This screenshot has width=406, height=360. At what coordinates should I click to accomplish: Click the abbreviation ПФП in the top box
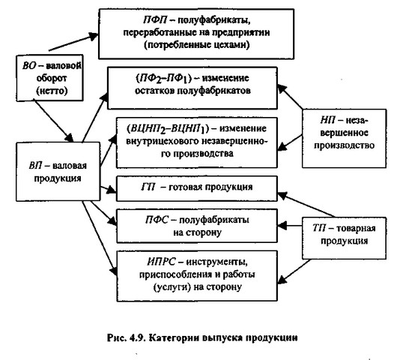[155, 20]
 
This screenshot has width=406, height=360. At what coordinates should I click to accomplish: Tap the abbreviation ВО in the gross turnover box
[29, 65]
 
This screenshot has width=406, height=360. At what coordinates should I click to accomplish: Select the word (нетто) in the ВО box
[52, 91]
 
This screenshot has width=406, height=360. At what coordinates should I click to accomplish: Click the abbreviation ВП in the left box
[35, 165]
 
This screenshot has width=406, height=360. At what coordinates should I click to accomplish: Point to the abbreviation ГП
[148, 187]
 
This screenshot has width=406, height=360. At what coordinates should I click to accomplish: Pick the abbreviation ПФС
[157, 220]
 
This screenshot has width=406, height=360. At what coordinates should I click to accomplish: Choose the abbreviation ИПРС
[161, 262]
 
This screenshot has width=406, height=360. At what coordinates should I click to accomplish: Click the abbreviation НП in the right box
[327, 120]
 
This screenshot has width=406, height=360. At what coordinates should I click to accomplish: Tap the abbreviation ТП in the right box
[319, 228]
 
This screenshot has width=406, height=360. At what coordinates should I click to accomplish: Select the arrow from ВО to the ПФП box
[73, 42]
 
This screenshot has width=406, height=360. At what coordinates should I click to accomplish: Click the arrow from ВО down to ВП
[54, 121]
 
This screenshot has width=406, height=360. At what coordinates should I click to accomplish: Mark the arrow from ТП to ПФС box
[290, 226]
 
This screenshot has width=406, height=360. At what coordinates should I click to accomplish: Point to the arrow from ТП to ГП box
[306, 205]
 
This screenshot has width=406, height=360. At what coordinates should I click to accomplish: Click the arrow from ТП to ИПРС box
[294, 271]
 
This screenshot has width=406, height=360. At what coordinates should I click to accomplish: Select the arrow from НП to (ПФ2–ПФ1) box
[290, 97]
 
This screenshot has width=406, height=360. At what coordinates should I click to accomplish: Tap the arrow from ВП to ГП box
[108, 190]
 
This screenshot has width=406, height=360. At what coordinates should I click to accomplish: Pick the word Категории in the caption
[173, 337]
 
